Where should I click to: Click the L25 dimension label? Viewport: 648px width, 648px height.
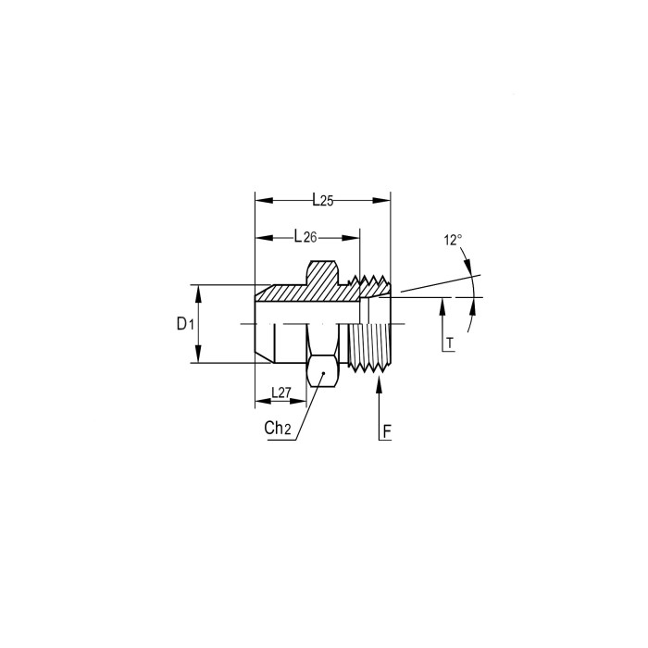(x=323, y=201)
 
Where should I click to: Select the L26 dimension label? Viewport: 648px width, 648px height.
(x=305, y=237)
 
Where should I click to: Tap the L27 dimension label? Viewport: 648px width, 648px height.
(x=281, y=393)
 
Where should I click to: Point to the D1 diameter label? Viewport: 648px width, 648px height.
(x=185, y=324)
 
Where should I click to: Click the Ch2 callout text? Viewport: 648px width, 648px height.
(x=278, y=428)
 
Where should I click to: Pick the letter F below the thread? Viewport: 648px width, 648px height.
(x=387, y=432)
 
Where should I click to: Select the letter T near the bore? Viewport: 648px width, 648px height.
(x=450, y=343)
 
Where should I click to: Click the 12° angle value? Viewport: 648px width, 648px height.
(x=453, y=240)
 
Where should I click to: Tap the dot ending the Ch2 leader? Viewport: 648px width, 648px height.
(x=324, y=373)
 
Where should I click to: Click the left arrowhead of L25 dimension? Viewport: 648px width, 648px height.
(x=264, y=201)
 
